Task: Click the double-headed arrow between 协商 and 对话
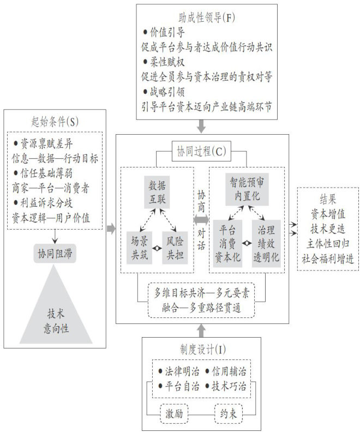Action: (201, 219)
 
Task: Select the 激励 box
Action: (174, 413)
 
